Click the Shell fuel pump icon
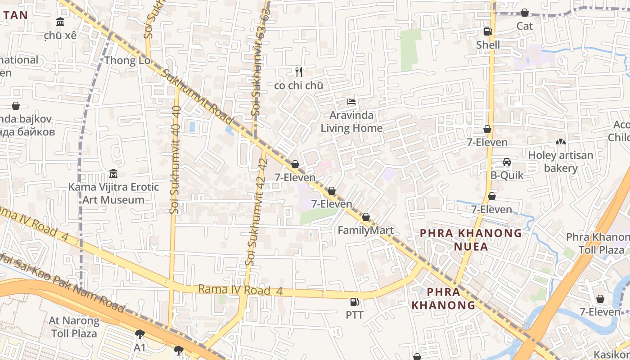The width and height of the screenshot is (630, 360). [x=488, y=31]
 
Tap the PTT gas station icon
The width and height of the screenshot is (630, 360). [x=355, y=302]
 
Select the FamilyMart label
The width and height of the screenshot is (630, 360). [x=365, y=230]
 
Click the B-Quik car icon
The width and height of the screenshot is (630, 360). [x=507, y=162]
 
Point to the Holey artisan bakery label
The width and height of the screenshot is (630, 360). [x=561, y=162]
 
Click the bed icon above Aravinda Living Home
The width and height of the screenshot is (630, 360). [x=351, y=102]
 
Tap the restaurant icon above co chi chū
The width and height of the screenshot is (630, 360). [x=298, y=72]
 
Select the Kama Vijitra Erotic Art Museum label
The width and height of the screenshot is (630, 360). [x=113, y=193]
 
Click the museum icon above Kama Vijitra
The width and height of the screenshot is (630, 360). [x=113, y=174]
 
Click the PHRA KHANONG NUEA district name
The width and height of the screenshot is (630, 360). [x=471, y=239]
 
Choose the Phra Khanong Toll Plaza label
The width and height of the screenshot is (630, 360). [x=598, y=243]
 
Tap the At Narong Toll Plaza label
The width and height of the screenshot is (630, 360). [x=74, y=327]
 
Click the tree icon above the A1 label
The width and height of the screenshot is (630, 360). [x=139, y=334]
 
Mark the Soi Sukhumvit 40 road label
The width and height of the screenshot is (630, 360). [x=175, y=159]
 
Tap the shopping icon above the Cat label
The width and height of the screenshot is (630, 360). [x=525, y=13]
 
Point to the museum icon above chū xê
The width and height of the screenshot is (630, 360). [x=60, y=22]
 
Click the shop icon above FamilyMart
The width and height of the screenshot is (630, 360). [x=366, y=217]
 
